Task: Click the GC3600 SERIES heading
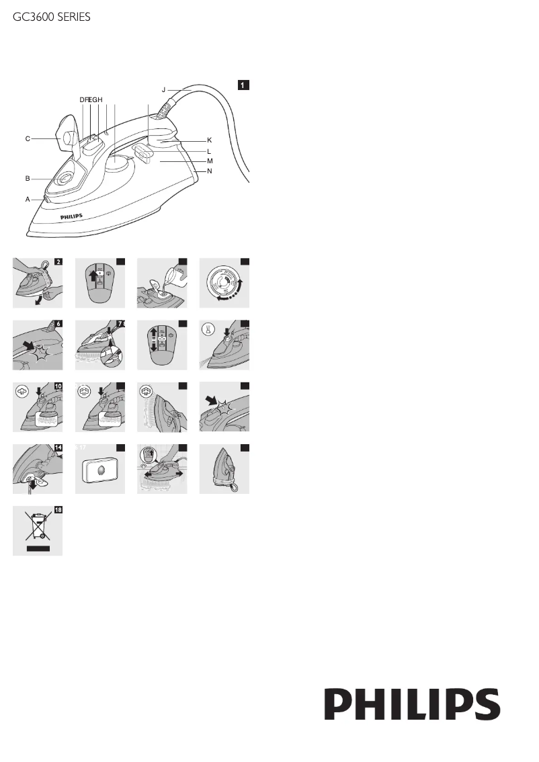click(x=52, y=18)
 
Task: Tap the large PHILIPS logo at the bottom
click(x=413, y=705)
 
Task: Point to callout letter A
click(x=28, y=200)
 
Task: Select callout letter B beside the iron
click(x=28, y=179)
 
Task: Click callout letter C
click(x=28, y=139)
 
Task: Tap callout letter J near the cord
click(x=163, y=89)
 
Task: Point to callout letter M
click(x=210, y=162)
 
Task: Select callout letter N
click(x=210, y=171)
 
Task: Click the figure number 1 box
click(x=243, y=85)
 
